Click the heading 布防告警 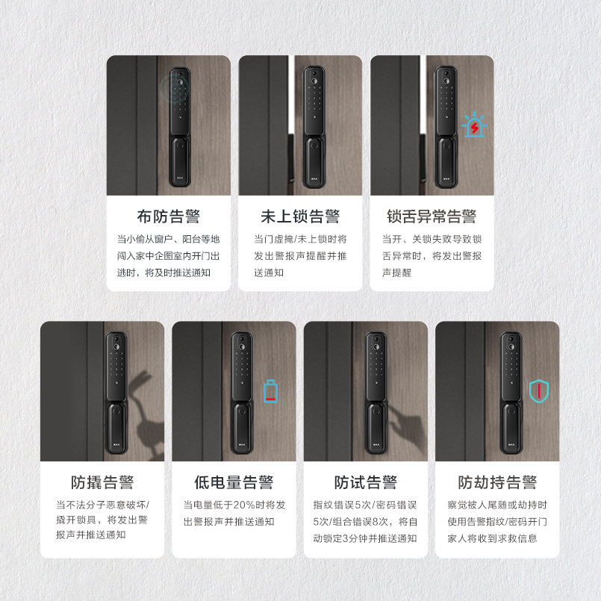[168, 217]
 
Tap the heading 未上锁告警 [300, 217]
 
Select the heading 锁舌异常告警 [432, 217]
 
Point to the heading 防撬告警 [102, 482]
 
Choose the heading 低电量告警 [234, 482]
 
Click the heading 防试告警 [365, 482]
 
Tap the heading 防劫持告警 [497, 482]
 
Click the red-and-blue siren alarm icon [474, 125]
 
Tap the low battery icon [270, 391]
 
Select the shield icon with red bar [538, 391]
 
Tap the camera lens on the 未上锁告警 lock [314, 81]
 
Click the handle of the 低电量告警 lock [241, 428]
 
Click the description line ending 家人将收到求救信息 [492, 538]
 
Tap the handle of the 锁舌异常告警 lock [446, 162]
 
